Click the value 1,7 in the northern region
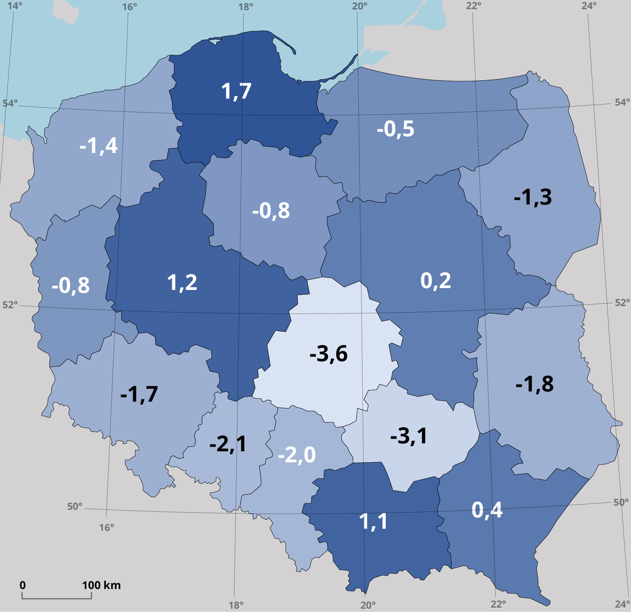(236, 91)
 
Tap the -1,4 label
(98, 146)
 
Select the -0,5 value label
(395, 129)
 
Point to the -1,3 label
(533, 197)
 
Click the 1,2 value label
(182, 283)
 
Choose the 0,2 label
(435, 281)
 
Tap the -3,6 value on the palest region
(328, 354)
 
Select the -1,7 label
(139, 394)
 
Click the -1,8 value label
(534, 384)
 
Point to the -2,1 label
(228, 444)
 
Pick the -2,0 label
(297, 455)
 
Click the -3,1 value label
(409, 436)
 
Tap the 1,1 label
(373, 521)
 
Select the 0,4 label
(487, 510)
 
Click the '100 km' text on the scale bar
(101, 585)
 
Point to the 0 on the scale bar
(23, 585)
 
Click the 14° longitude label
(15, 6)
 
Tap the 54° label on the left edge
(10, 103)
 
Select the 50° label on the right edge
(621, 502)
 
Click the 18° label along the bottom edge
(236, 605)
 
